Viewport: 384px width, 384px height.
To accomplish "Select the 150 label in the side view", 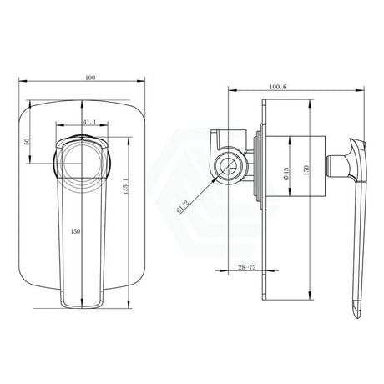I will (306, 170).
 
